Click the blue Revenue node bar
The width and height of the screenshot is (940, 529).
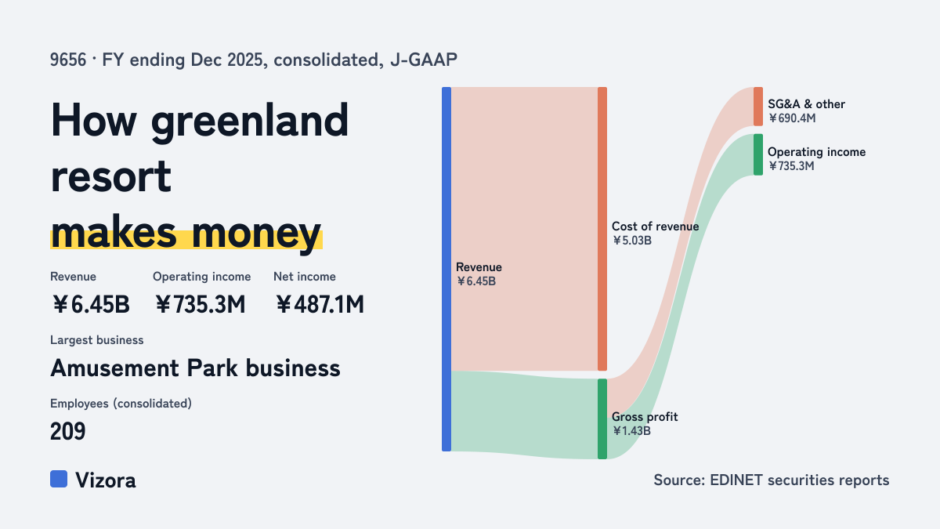click(x=446, y=269)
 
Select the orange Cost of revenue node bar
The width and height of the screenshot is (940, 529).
click(x=602, y=229)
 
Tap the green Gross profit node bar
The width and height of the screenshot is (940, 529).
click(x=602, y=419)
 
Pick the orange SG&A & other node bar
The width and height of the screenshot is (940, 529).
click(x=758, y=107)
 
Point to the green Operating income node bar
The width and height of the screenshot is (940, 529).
click(x=758, y=154)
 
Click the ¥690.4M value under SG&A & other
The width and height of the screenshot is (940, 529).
click(x=792, y=118)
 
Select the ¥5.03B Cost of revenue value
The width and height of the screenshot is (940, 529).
click(x=631, y=241)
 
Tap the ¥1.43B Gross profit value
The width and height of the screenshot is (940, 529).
click(x=631, y=431)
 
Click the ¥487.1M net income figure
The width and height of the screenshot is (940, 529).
click(x=320, y=304)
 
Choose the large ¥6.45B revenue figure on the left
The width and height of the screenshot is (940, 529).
click(x=91, y=304)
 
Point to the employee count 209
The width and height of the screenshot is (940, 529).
click(x=67, y=431)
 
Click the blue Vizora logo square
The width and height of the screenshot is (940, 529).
click(x=59, y=479)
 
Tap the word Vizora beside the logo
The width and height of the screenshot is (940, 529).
click(x=106, y=480)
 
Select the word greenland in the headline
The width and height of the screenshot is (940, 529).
click(x=250, y=121)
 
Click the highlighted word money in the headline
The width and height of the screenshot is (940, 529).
click(x=256, y=234)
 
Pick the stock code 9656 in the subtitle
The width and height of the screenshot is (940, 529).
click(x=68, y=60)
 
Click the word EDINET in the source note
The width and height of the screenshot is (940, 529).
click(x=736, y=480)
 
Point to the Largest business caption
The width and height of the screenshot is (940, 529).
click(x=96, y=340)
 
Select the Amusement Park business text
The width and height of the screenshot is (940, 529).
click(x=195, y=368)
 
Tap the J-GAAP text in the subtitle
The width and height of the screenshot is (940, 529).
click(x=424, y=60)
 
